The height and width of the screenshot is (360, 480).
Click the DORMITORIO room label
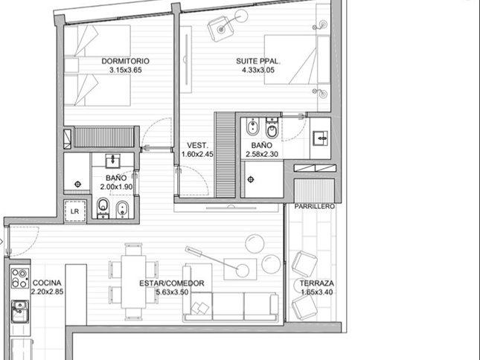point(126,61)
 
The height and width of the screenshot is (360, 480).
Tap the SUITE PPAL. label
point(258,61)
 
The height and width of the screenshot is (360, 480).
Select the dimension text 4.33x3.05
point(258,70)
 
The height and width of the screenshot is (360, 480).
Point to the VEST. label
point(197,145)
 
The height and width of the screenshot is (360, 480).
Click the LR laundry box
point(74,211)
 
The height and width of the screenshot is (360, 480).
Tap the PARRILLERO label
point(314,207)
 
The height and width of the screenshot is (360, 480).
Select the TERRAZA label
point(317,283)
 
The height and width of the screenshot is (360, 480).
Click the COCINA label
point(47,283)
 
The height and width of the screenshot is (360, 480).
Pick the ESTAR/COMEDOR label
point(172,283)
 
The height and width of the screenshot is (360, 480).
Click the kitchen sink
point(20,312)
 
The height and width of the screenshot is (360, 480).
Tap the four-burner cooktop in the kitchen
point(20,278)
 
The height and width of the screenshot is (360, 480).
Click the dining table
point(133,282)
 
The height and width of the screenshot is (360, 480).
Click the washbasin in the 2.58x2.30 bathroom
point(320,138)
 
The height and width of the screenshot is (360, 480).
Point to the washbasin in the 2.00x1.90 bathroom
point(113,161)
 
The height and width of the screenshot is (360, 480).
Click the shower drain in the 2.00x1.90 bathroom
point(77,184)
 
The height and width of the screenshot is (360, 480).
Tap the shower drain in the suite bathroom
point(251,179)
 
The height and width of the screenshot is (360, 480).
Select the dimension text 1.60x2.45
point(197,154)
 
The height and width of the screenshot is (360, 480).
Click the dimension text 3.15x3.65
point(126,70)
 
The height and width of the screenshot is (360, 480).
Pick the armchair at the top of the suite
point(220,28)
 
